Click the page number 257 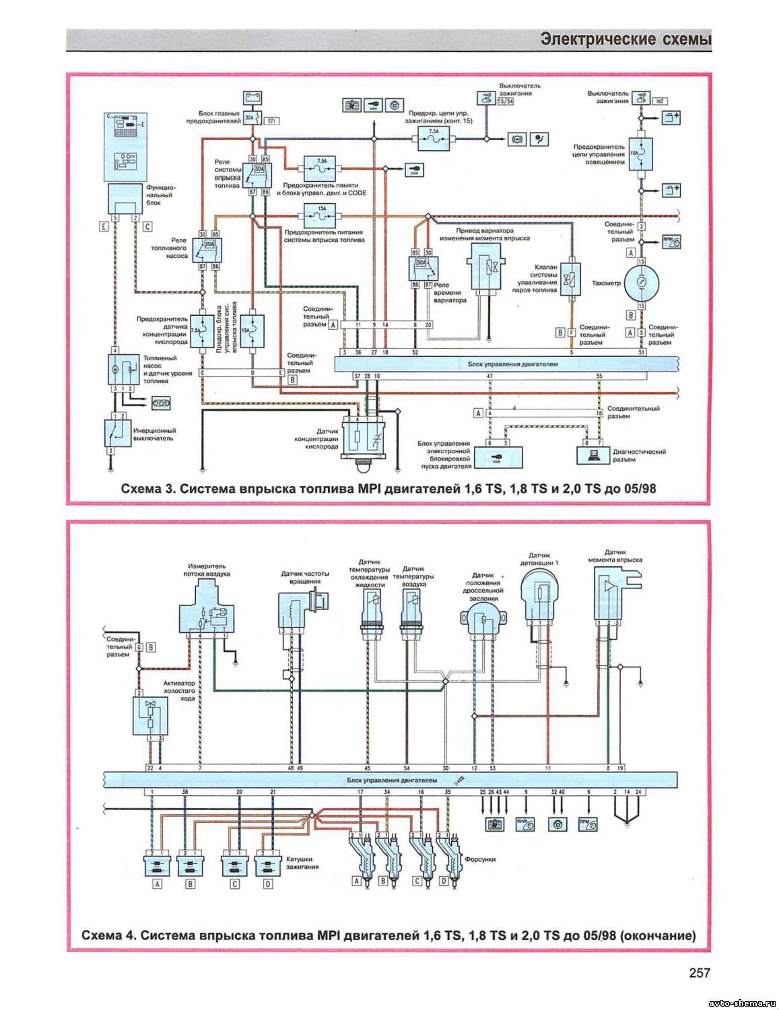[x=699, y=972]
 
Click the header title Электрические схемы [x=625, y=40]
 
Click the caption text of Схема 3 [x=388, y=488]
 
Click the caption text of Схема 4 [x=388, y=935]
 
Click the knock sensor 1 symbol [x=539, y=596]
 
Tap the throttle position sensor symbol [x=482, y=619]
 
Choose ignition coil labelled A [x=158, y=865]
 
